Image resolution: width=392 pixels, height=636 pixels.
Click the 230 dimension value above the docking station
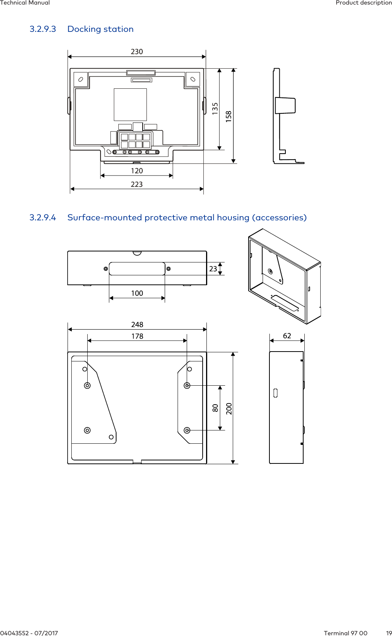tap(137, 52)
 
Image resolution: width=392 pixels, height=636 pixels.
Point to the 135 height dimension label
tap(215, 108)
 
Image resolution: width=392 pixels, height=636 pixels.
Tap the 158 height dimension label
tap(228, 116)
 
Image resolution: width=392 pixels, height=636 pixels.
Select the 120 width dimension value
tap(137, 171)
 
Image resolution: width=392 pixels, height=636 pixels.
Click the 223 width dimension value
tap(137, 184)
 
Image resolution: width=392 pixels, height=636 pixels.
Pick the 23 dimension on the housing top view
tap(213, 269)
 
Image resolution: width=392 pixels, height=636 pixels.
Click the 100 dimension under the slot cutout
tap(137, 293)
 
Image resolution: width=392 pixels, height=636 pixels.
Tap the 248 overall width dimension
tap(137, 325)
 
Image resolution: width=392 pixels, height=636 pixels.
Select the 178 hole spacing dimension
tap(137, 336)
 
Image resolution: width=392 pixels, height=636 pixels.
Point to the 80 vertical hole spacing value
tap(215, 408)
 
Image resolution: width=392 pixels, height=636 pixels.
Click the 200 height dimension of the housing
tap(229, 408)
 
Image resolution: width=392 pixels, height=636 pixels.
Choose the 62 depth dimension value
tap(287, 336)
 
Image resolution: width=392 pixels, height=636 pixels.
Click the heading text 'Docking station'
tap(101, 29)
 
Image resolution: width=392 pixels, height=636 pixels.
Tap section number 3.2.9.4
tap(43, 218)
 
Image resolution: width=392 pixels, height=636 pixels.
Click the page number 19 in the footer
tap(389, 633)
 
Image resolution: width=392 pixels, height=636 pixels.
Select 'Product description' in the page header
tap(364, 3)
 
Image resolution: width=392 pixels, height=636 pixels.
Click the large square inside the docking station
tap(130, 105)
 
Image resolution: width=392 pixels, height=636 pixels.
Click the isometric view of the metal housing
tap(285, 276)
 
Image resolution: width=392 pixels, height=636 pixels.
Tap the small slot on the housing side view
tap(276, 393)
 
